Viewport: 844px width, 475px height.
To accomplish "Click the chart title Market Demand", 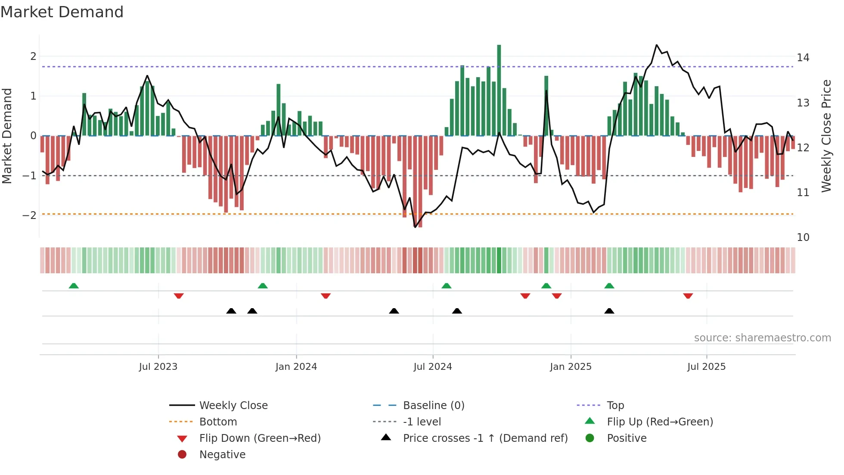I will click(62, 12).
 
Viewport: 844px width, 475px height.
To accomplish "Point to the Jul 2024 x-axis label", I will click(433, 367).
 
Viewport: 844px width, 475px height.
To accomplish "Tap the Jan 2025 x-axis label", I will click(571, 367).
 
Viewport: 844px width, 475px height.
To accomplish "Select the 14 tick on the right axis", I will click(803, 57).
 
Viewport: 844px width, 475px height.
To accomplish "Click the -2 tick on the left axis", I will click(29, 215).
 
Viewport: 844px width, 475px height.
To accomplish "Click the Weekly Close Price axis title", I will click(826, 136).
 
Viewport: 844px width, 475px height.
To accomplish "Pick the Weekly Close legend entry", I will click(233, 406).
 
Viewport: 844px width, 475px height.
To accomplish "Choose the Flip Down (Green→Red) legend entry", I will click(260, 438).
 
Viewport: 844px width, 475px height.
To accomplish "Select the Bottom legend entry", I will click(218, 422).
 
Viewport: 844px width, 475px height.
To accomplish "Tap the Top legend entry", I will click(615, 406).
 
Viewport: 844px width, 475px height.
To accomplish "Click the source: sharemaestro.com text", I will click(762, 338).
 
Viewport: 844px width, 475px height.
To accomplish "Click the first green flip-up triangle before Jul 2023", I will click(74, 286).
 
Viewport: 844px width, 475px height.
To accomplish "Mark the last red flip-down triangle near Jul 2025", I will click(688, 296).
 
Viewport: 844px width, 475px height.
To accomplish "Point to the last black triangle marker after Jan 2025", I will click(609, 311).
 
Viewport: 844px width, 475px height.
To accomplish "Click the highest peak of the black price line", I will click(657, 45).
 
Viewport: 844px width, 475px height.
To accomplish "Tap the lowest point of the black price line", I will click(415, 227).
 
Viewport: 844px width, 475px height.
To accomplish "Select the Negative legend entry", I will click(222, 455).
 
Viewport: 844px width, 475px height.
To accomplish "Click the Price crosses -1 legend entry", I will click(485, 438).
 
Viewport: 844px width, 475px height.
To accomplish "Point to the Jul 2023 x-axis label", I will click(158, 367).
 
